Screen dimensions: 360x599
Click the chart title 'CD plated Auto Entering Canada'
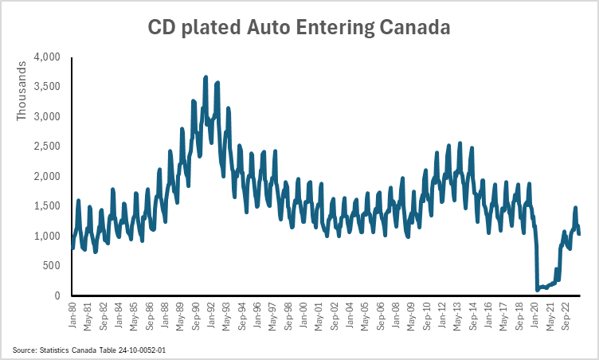(x=299, y=27)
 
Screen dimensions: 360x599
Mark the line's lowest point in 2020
(x=538, y=289)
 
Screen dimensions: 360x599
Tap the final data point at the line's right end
(x=579, y=233)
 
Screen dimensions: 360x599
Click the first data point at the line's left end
(x=72, y=248)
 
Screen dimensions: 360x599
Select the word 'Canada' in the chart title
(x=415, y=27)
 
